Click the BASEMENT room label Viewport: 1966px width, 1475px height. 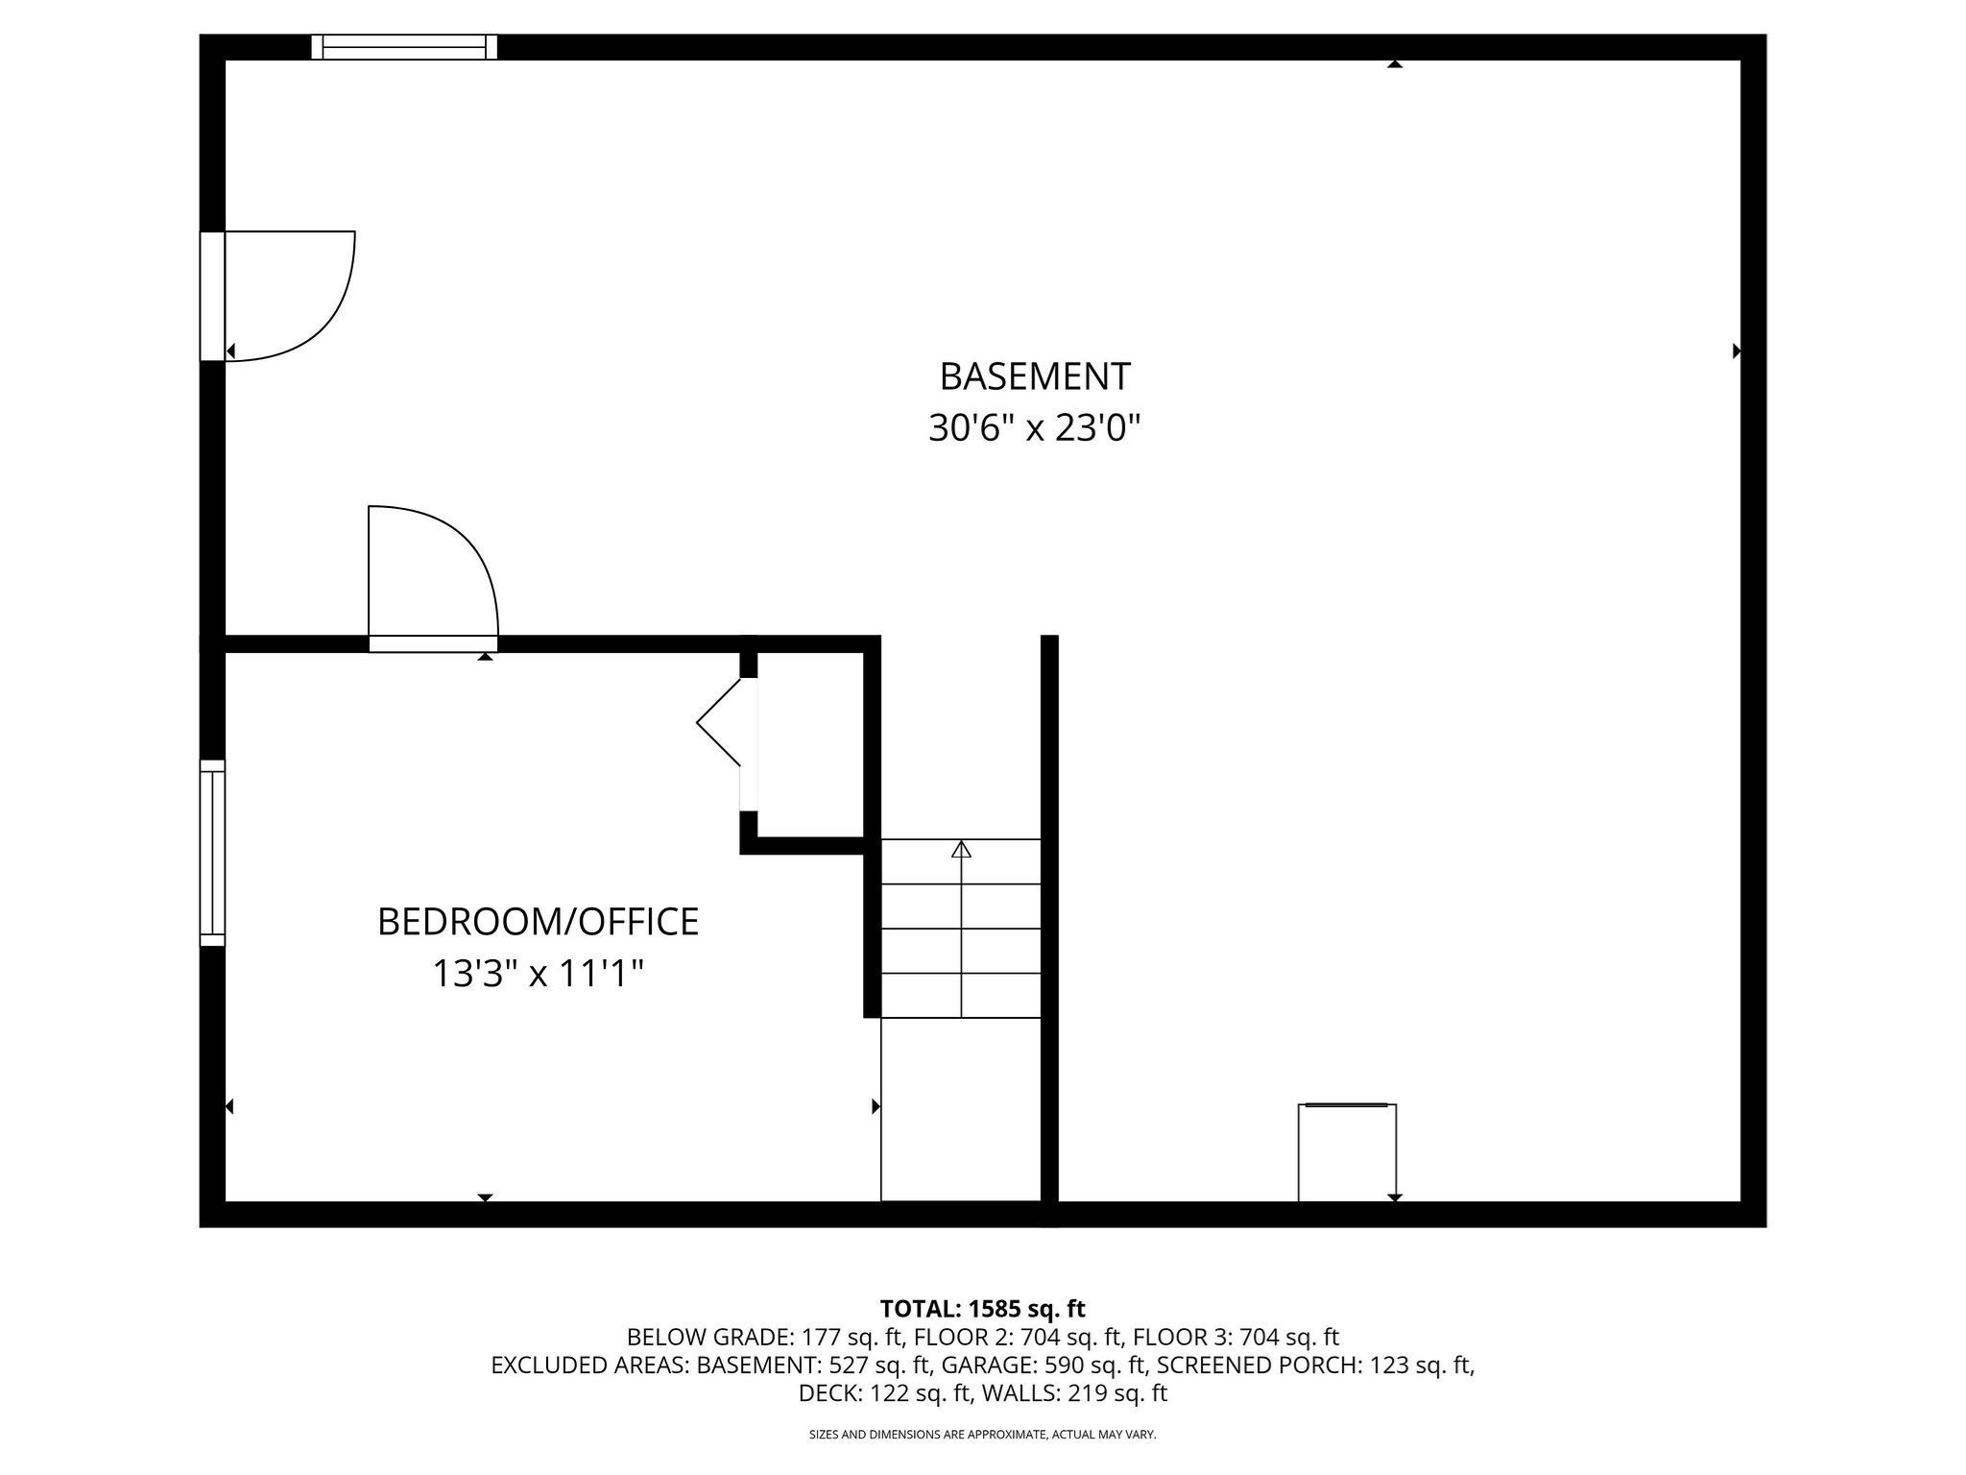point(1034,376)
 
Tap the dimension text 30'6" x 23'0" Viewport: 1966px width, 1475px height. point(1034,427)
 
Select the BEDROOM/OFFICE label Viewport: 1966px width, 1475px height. point(538,922)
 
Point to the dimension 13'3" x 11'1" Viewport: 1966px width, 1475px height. point(538,974)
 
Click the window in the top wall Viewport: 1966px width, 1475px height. point(404,47)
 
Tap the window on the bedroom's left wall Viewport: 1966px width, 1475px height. point(212,853)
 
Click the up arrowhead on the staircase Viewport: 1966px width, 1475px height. point(961,849)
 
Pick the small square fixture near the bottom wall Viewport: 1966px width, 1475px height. point(1346,1152)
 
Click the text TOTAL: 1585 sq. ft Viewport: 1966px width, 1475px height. point(982,1309)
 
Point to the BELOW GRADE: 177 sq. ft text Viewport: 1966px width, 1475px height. point(764,1337)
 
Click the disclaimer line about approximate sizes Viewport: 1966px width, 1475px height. point(982,1435)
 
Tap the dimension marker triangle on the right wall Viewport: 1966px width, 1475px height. point(1736,351)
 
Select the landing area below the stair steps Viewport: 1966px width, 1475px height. point(961,1109)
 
